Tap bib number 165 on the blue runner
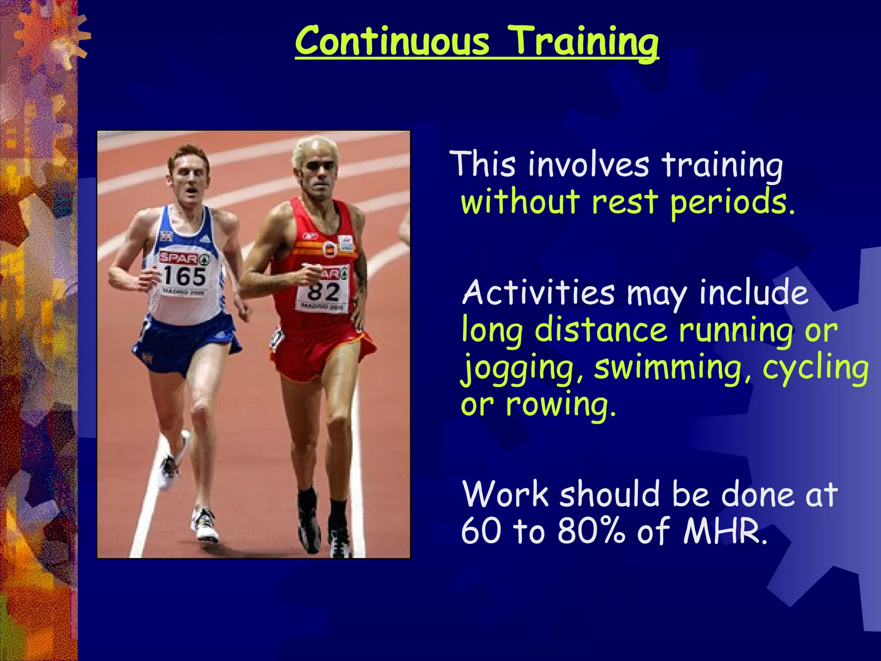click(185, 276)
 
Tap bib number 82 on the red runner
click(323, 292)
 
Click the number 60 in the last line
click(481, 531)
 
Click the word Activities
click(538, 292)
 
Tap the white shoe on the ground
click(204, 525)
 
